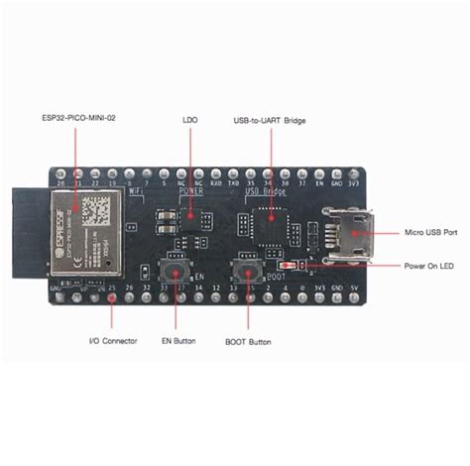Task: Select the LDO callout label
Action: [190, 124]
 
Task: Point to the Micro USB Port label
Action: [429, 233]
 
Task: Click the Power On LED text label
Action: [430, 266]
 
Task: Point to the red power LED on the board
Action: [286, 265]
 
